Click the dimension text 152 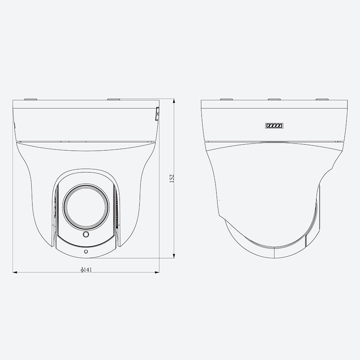click(172, 178)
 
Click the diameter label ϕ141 click(86, 270)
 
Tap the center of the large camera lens click(86, 207)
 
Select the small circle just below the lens click(86, 234)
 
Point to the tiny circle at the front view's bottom click(86, 252)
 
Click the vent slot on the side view click(274, 126)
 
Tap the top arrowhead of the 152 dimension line click(174, 101)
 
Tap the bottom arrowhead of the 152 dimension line click(174, 256)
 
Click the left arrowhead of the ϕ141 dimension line click(15, 272)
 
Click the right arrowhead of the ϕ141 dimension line click(157, 272)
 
